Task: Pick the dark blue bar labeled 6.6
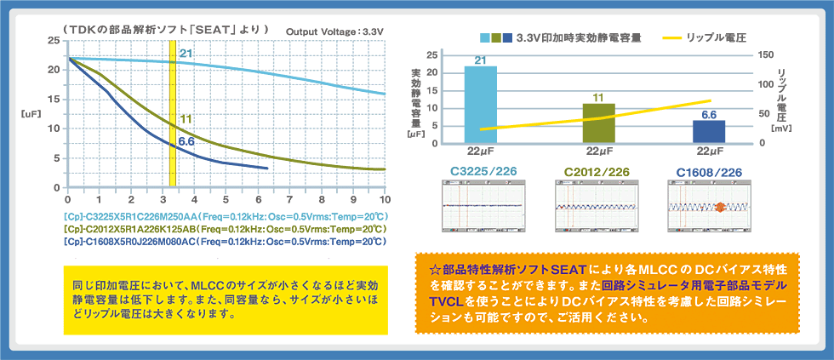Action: [709, 131]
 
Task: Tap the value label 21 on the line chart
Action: [186, 54]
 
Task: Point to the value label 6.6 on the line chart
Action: [186, 141]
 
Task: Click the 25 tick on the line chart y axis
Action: [54, 41]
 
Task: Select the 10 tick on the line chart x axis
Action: [384, 199]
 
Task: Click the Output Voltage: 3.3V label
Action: [336, 31]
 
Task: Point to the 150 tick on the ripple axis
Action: [765, 54]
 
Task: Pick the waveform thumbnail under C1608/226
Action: [709, 207]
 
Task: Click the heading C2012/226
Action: [597, 173]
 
